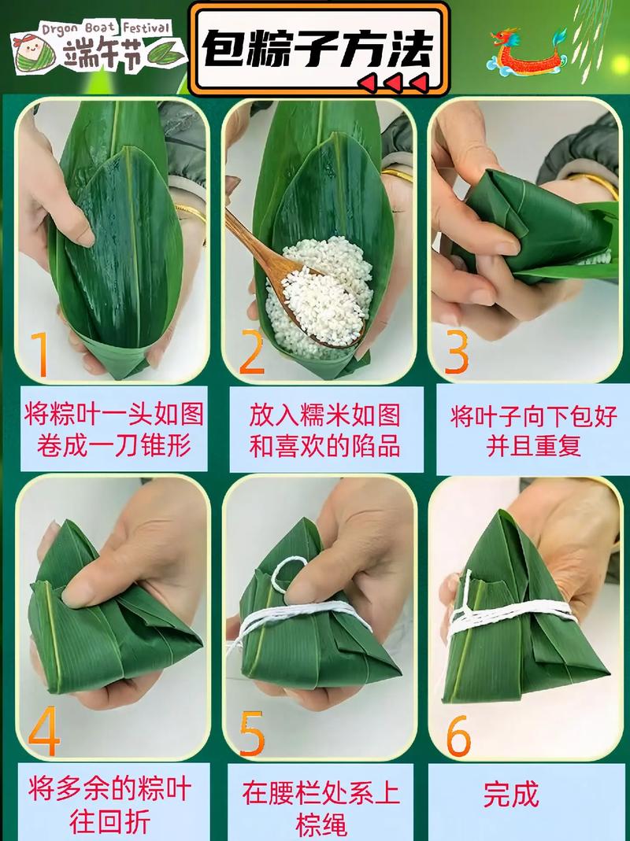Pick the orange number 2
tap(251, 353)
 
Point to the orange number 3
tap(457, 353)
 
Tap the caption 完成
tap(511, 794)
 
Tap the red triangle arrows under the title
tap(394, 82)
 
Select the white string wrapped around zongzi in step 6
tap(512, 610)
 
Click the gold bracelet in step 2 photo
tap(398, 175)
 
